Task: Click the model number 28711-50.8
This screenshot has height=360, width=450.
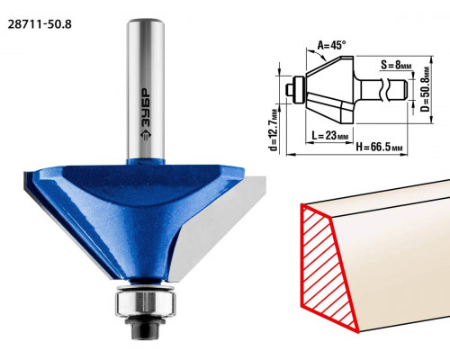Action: (40, 24)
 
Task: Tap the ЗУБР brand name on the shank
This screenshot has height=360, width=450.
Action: (146, 109)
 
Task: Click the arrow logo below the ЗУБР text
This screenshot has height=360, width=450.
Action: (146, 136)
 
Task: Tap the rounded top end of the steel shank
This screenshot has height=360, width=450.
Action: (146, 22)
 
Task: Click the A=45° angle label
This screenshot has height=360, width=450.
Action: (331, 46)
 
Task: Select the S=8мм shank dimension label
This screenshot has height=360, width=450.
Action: (396, 65)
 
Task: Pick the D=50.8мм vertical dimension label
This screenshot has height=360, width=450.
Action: (425, 89)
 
